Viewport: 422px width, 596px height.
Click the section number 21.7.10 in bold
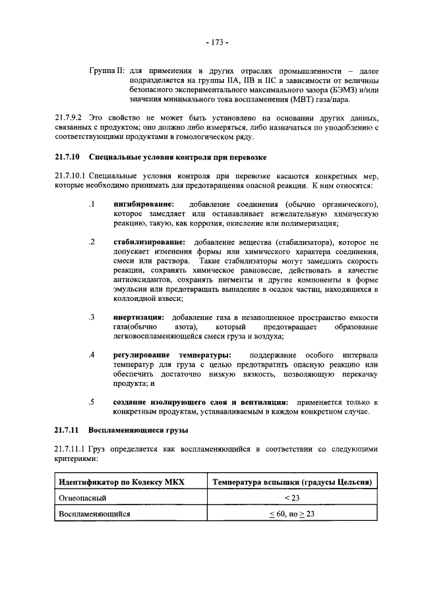[67, 157]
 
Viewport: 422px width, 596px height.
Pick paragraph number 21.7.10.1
[71, 176]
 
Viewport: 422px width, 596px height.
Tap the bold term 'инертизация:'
[137, 317]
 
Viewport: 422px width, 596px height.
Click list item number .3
[92, 317]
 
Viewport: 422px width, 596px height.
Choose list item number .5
[92, 402]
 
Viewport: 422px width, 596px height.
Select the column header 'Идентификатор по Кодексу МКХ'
[123, 483]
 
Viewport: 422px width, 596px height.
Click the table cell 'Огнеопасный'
[82, 499]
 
